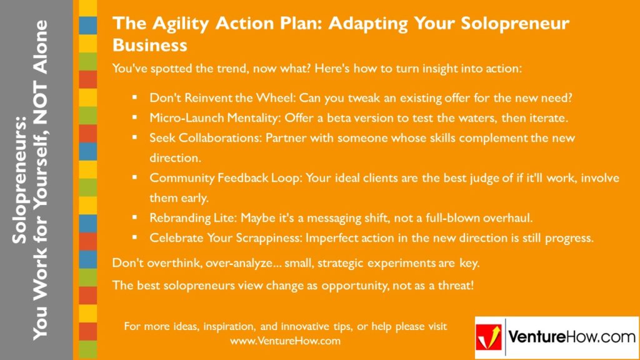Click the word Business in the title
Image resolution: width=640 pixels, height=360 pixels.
click(x=150, y=46)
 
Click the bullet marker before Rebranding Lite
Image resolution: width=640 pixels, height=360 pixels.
click(x=134, y=217)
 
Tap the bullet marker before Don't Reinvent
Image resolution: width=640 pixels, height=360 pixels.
click(x=134, y=98)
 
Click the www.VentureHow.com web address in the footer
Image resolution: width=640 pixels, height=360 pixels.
click(x=285, y=341)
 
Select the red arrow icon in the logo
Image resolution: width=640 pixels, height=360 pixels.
click(x=489, y=337)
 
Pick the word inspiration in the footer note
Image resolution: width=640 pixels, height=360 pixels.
click(x=214, y=327)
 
